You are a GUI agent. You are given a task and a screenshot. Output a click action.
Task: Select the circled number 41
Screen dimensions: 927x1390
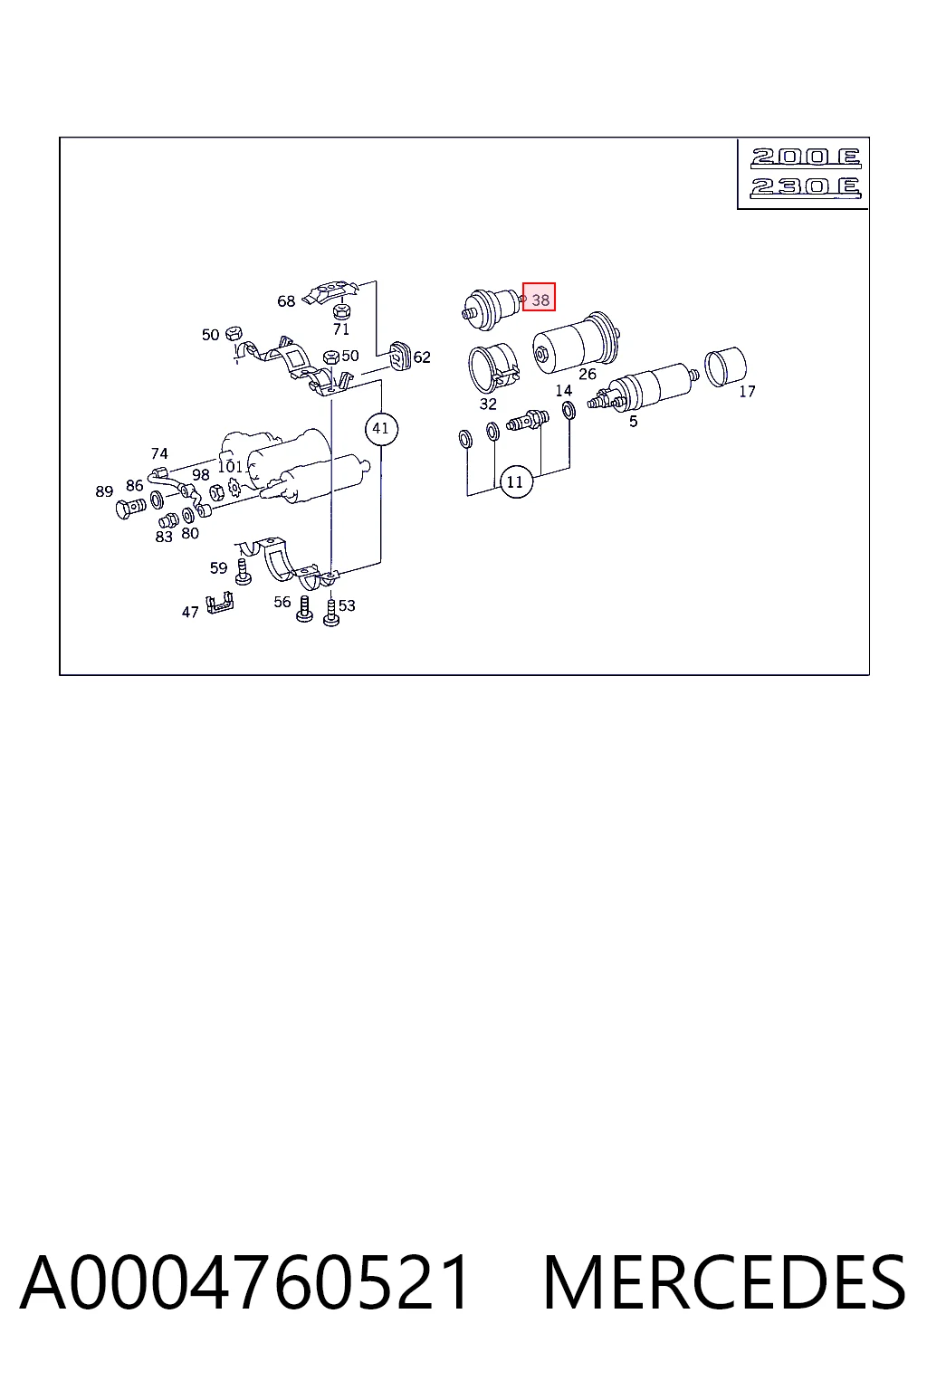(x=381, y=429)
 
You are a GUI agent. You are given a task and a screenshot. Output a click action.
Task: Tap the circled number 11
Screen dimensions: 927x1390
(x=515, y=481)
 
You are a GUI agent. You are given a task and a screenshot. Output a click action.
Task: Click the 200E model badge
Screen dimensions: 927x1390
(x=806, y=157)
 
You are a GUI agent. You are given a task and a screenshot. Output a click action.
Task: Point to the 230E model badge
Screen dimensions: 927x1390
(x=806, y=187)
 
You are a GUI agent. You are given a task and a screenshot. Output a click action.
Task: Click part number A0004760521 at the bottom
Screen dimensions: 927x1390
(x=244, y=1283)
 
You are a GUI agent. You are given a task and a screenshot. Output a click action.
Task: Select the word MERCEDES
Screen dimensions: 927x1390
(x=724, y=1283)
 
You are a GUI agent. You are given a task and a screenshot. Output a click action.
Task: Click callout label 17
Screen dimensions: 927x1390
(x=747, y=392)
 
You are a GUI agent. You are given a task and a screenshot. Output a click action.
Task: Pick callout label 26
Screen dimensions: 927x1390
(x=588, y=374)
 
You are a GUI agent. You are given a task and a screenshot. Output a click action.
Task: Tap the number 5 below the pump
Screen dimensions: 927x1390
(x=634, y=422)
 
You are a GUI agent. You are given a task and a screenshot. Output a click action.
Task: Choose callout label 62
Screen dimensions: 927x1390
(x=422, y=357)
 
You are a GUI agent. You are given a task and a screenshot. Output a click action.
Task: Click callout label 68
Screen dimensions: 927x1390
(x=286, y=301)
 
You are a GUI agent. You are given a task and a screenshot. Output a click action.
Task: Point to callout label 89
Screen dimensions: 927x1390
(x=104, y=491)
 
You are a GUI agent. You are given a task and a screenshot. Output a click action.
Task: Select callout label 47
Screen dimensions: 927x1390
(x=190, y=613)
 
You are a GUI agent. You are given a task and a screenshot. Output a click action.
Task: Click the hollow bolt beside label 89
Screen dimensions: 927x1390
(x=129, y=509)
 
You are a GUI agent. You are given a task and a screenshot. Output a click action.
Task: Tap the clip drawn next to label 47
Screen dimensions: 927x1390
(x=220, y=603)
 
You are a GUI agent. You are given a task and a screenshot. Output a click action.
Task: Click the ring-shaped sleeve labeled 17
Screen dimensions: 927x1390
(x=724, y=367)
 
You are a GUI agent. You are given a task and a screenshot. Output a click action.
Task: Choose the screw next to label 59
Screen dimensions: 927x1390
(x=244, y=572)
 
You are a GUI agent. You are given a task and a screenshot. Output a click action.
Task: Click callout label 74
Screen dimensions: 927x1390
(x=159, y=453)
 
